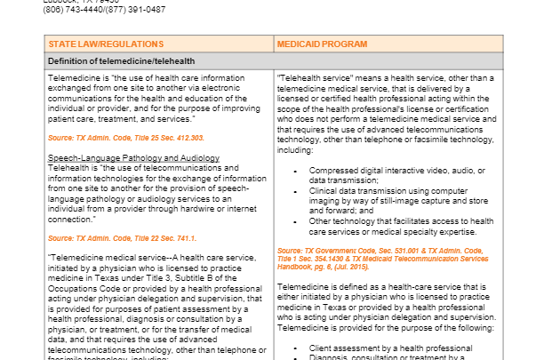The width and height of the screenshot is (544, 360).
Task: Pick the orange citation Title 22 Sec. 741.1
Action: click(156, 238)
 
